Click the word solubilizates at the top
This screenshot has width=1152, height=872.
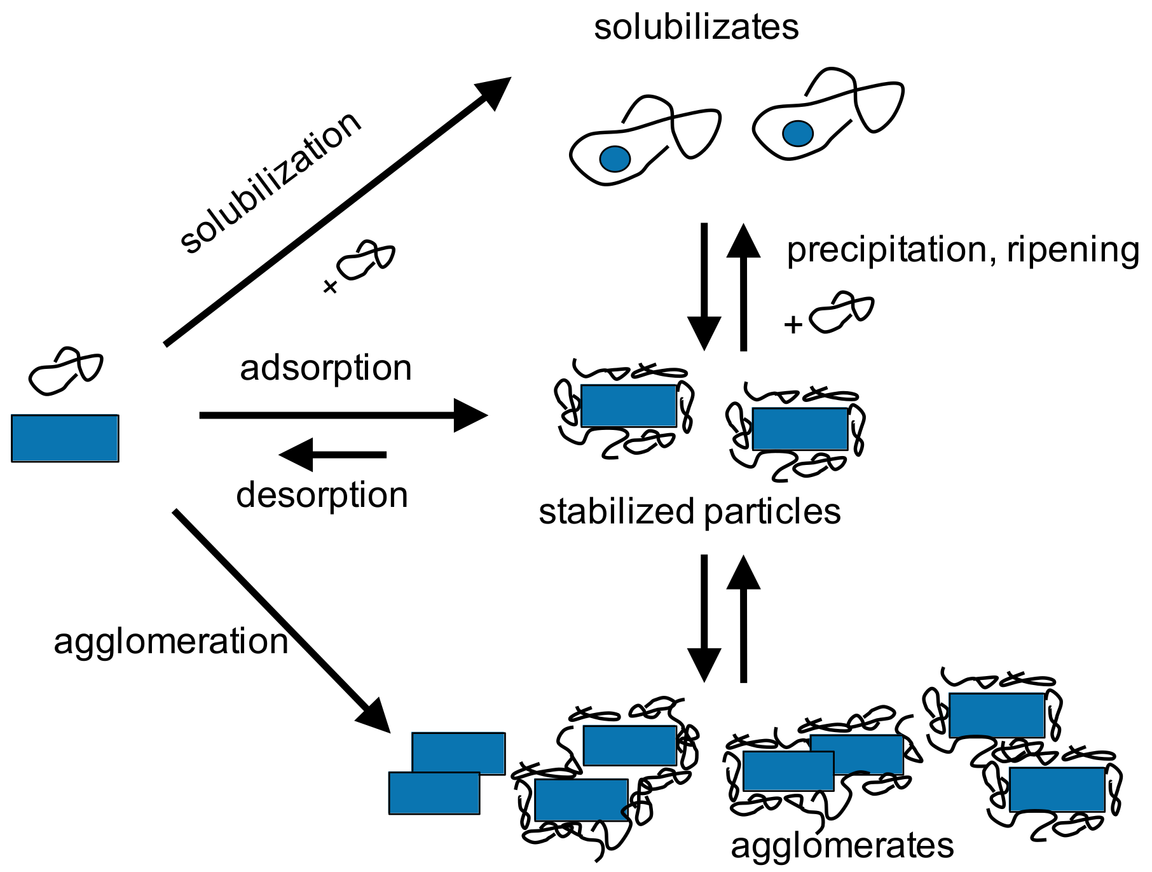point(696,28)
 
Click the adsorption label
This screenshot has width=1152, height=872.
point(326,368)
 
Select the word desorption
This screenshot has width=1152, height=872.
point(322,495)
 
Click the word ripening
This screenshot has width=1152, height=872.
point(1074,251)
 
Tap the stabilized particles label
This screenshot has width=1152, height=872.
point(689,511)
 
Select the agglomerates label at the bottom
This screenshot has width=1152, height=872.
point(842,846)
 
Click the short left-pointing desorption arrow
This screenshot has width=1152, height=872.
point(334,454)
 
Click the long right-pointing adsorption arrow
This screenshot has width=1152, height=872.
point(343,415)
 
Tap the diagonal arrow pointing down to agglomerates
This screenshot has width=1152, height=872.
point(280,620)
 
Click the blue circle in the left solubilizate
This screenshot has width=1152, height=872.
point(615,159)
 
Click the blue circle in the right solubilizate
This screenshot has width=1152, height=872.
point(797,134)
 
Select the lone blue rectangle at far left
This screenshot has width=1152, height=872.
point(65,438)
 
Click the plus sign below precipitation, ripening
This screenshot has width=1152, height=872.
point(793,325)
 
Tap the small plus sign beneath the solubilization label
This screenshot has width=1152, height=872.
point(330,287)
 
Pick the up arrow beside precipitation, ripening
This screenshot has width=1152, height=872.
point(743,286)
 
